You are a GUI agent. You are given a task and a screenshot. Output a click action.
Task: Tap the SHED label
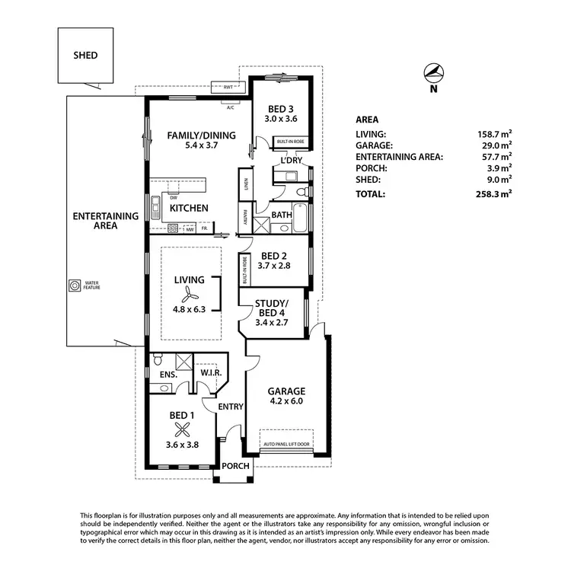[85, 56]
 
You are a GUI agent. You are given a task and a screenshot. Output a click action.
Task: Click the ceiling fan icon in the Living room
[190, 301]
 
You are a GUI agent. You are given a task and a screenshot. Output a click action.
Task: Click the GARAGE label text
[286, 391]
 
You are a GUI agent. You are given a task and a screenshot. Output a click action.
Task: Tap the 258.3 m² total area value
[494, 194]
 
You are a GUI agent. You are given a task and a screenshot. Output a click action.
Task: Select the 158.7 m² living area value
[494, 133]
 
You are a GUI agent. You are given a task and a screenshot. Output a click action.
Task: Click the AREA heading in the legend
[367, 120]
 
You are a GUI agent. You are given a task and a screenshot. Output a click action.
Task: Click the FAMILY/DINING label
[201, 136]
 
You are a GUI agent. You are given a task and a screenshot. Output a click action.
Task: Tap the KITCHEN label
[190, 208]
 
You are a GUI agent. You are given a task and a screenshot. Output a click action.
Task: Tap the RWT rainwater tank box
[228, 87]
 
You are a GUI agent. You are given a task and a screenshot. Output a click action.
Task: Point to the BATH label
[282, 215]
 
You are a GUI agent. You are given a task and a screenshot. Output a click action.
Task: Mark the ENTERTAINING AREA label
[105, 221]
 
